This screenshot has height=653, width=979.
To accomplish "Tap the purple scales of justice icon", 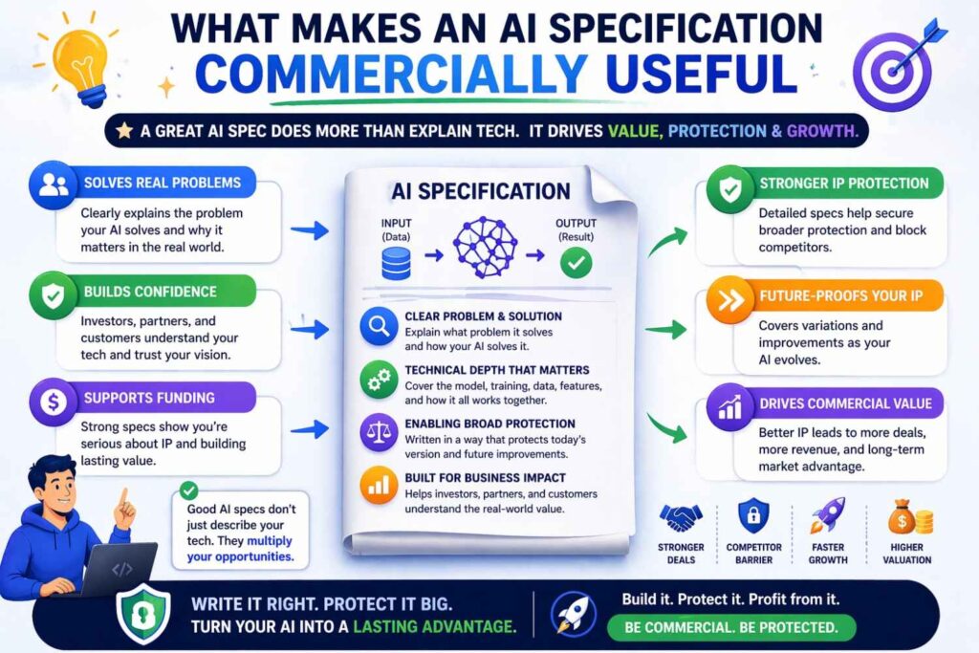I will (x=378, y=431).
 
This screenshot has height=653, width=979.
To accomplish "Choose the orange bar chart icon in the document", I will (x=378, y=486).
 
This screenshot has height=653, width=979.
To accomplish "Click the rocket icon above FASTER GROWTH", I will (x=827, y=516).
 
